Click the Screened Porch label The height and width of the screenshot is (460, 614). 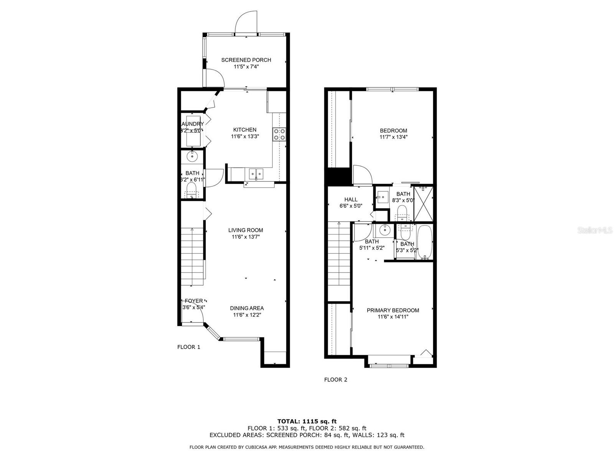pyautogui.click(x=246, y=60)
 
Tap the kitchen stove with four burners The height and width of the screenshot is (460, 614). pyautogui.click(x=279, y=134)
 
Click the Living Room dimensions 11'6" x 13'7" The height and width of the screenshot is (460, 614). pyautogui.click(x=246, y=237)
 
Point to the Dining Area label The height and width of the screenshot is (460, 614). pyautogui.click(x=247, y=308)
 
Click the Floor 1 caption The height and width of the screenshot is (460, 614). pyautogui.click(x=188, y=347)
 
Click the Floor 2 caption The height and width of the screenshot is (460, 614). pyautogui.click(x=335, y=380)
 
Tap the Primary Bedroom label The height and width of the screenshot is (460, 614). pyautogui.click(x=393, y=310)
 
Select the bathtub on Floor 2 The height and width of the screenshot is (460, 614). pyautogui.click(x=424, y=242)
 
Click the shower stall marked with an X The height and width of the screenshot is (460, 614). pyautogui.click(x=424, y=203)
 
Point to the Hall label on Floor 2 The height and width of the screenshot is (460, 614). pyautogui.click(x=351, y=199)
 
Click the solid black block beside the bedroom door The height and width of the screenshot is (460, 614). pyautogui.click(x=338, y=177)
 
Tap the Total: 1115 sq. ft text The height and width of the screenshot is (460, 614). pyautogui.click(x=307, y=421)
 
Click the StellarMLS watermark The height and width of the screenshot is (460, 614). pyautogui.click(x=596, y=230)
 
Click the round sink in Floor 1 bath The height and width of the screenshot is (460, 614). pyautogui.click(x=191, y=156)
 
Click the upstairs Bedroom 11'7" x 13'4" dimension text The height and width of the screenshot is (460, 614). pyautogui.click(x=393, y=137)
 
